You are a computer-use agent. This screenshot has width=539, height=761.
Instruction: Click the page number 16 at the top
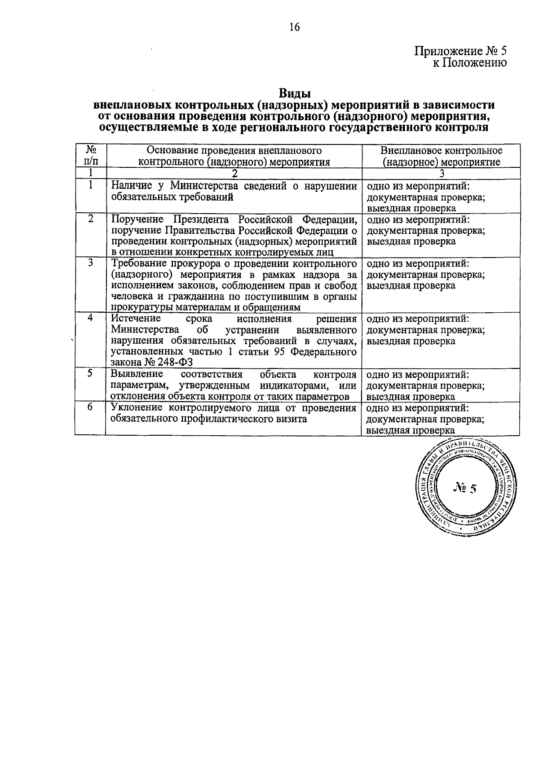[x=294, y=27]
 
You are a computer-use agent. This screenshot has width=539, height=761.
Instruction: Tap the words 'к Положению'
[x=469, y=63]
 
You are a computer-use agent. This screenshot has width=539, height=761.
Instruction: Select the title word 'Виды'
[x=295, y=94]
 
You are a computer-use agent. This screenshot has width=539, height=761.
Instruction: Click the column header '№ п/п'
[x=90, y=155]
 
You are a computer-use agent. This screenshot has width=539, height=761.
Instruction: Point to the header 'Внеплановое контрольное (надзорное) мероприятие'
[x=441, y=156]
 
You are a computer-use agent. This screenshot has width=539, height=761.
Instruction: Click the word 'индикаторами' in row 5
[x=295, y=386]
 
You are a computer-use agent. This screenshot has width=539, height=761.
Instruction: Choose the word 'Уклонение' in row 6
[x=137, y=408]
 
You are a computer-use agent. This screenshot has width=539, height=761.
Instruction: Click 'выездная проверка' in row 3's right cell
[x=411, y=286]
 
